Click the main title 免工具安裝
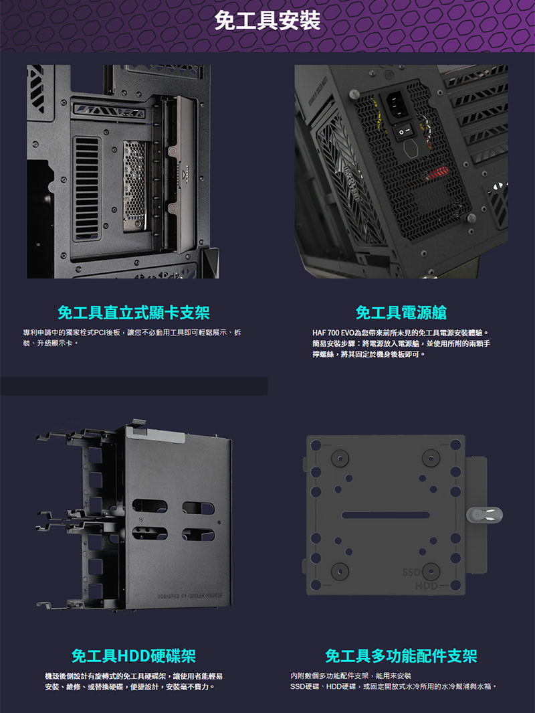tap(267, 21)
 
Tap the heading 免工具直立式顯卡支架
tap(134, 313)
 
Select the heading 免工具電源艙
tap(401, 313)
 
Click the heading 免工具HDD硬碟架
tap(134, 655)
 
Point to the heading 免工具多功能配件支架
tap(401, 655)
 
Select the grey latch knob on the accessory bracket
tap(484, 514)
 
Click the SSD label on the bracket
tap(411, 572)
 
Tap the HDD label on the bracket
tap(426, 586)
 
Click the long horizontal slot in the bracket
tap(386, 516)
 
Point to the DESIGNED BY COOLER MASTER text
tap(190, 596)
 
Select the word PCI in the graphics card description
tap(100, 333)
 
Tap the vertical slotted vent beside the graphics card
tap(87, 189)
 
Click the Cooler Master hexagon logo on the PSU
tap(411, 149)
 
